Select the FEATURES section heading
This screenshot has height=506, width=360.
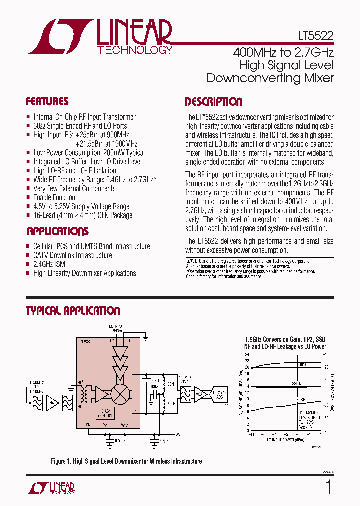coord(47,102)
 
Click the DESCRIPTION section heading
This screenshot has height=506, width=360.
coord(214,102)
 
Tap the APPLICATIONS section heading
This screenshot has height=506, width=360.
coord(57,231)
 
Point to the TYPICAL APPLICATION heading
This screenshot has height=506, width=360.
coord(73,311)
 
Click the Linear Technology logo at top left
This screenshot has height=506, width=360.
coord(100,37)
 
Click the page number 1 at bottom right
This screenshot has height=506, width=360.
coord(328,487)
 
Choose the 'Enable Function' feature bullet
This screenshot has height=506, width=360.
coord(54,197)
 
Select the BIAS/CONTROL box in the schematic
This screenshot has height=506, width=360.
coord(106,412)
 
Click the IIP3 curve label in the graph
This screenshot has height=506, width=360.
coord(303,365)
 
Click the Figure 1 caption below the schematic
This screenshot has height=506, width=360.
coord(126,461)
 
